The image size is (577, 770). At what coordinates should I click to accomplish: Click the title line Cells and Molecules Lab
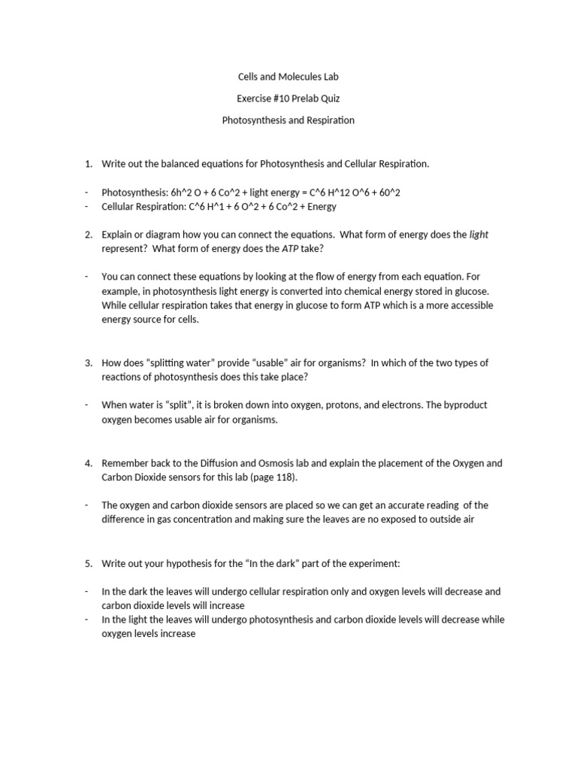click(288, 77)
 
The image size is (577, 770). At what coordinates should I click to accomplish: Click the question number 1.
click(87, 163)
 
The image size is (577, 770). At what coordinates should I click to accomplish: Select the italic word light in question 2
click(479, 235)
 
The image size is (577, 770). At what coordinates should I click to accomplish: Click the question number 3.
click(87, 362)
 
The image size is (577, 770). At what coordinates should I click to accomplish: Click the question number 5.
click(87, 562)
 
